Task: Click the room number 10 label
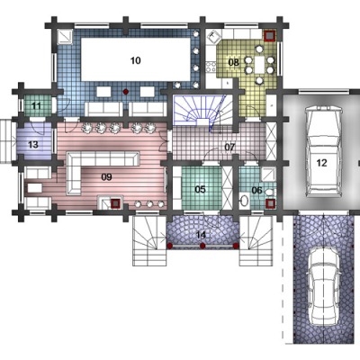[x=136, y=60]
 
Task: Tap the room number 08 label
[x=234, y=62]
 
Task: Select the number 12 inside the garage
[x=321, y=163]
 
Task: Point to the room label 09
[x=106, y=177]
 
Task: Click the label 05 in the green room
[x=200, y=189]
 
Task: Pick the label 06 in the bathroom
[x=256, y=190]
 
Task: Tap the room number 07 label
[x=230, y=148]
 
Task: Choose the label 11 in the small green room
[x=36, y=105]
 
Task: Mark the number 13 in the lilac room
[x=33, y=145]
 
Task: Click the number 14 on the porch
[x=202, y=235]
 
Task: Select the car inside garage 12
[x=323, y=152]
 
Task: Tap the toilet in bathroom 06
[x=270, y=192]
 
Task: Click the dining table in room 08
[x=259, y=65]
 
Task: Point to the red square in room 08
[x=270, y=35]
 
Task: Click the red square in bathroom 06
[x=270, y=203]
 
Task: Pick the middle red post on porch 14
[x=202, y=246]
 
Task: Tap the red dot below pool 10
[x=126, y=91]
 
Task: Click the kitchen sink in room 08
[x=214, y=37]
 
